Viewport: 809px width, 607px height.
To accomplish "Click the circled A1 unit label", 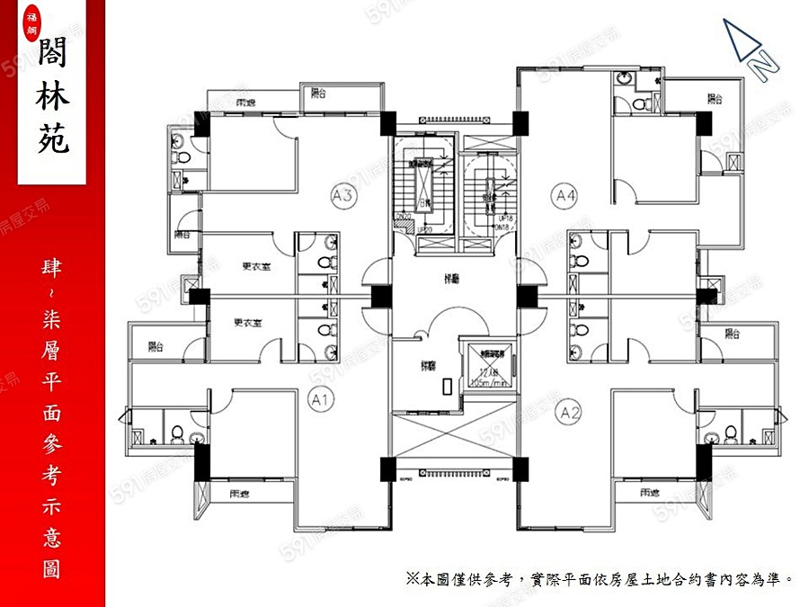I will coord(321,398).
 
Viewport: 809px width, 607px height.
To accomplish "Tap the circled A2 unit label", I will coord(568,413).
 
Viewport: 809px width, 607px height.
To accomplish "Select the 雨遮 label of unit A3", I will coord(237,101).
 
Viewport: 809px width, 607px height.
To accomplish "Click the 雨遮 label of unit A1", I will coord(238,493).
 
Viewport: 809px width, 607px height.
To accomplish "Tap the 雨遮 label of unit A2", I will coord(652,493).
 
